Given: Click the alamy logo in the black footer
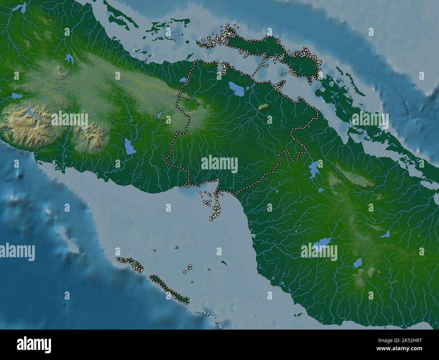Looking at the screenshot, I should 34,345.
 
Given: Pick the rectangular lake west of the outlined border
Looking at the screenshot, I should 129,146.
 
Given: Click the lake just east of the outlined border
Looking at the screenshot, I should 314,168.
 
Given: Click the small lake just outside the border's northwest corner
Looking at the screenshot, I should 183,80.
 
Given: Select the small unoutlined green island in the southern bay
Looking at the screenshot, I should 223,262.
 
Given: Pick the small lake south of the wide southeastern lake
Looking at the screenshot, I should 358,263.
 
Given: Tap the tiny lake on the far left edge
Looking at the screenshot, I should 15,95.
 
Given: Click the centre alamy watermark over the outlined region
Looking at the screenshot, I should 219,164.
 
